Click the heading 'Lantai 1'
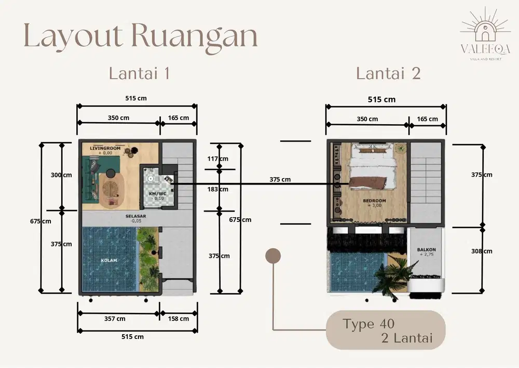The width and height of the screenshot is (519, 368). coord(139,73)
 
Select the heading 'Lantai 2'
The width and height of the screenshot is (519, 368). coord(388,73)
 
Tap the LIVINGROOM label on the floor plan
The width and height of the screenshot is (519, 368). coord(105,149)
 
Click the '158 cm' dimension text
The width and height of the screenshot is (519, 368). coord(179,319)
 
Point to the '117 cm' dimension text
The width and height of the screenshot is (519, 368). coord(217,159)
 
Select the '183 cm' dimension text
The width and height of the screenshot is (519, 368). coord(217,189)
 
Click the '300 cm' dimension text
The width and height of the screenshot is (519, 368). coord(61,175)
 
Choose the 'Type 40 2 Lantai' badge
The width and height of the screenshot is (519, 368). coord(386,331)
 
